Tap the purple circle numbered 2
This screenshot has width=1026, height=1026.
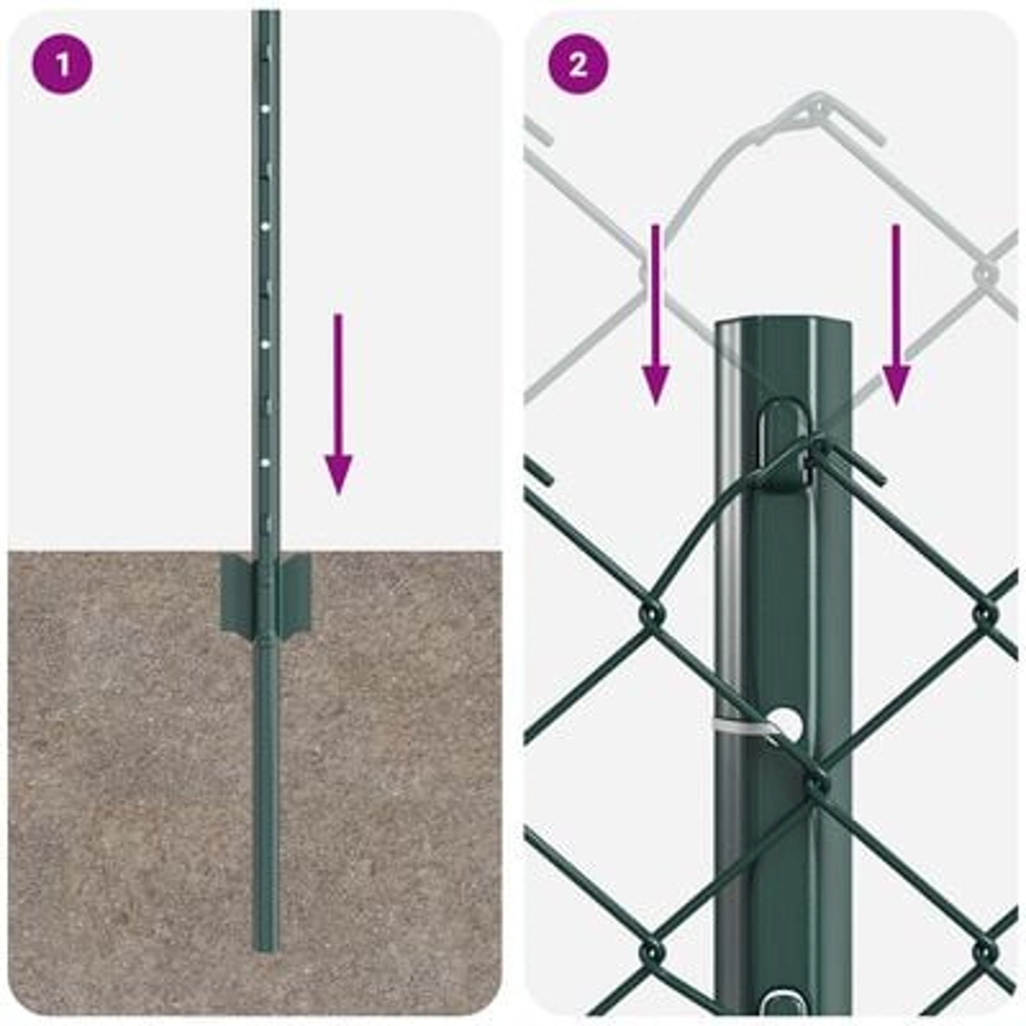[x=578, y=65]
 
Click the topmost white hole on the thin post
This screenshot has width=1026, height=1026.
[x=265, y=110]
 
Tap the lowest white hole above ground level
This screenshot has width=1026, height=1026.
[x=265, y=461]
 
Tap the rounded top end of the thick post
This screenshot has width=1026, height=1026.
[x=782, y=324]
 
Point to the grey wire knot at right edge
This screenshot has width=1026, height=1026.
[x=985, y=273]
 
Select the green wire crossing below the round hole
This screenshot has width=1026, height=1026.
[x=814, y=782]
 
